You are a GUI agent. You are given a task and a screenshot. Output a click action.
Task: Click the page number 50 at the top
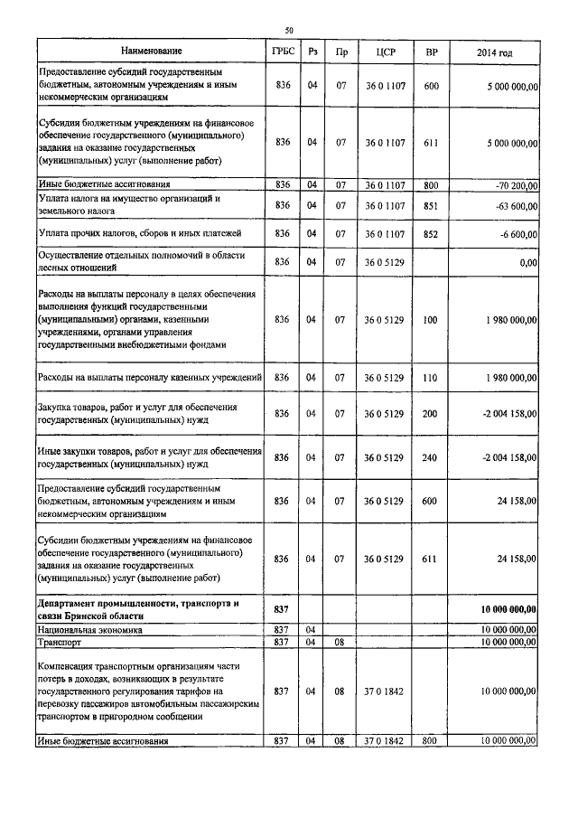click(289, 30)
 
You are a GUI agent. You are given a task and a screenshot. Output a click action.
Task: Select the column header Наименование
click(149, 52)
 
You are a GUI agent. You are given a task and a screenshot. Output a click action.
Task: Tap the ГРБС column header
click(282, 52)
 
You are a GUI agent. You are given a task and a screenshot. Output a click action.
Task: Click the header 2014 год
click(494, 52)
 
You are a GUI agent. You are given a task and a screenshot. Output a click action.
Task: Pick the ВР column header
click(431, 52)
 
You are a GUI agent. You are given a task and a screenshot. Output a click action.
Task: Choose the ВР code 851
click(431, 205)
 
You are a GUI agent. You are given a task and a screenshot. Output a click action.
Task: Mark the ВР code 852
click(431, 233)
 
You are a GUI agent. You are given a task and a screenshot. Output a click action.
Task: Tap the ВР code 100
click(431, 320)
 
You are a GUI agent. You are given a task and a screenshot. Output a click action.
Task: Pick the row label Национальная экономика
click(90, 629)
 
